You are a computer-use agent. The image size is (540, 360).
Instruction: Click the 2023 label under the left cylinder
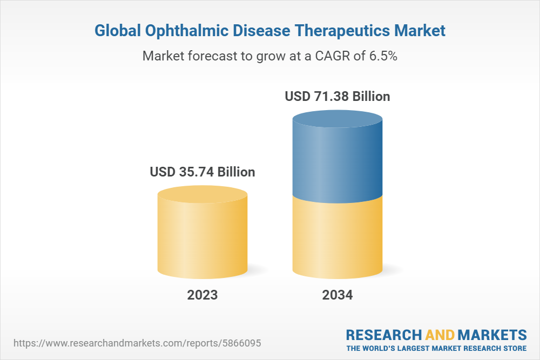[202, 295]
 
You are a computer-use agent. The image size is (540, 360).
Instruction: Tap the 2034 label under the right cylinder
[337, 295]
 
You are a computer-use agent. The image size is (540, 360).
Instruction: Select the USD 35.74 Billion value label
[202, 172]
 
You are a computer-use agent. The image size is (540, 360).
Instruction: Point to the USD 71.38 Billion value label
[337, 97]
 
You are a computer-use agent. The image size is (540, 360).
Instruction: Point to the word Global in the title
[117, 31]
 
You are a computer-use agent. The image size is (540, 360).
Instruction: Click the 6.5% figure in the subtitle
[383, 56]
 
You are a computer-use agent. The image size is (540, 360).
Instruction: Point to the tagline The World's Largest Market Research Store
[436, 348]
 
